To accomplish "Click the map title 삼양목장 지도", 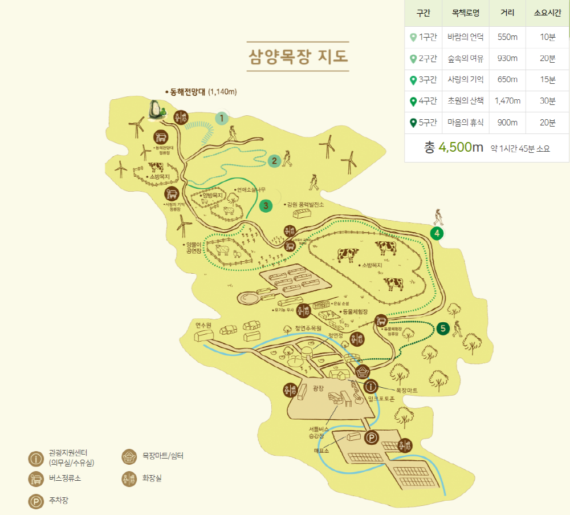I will coord(298,56).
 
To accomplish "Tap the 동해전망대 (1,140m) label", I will coord(200,91).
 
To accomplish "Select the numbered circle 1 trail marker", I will coord(221,118).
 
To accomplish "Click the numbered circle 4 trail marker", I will coord(437,233).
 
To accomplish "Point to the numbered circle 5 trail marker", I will coord(443,329).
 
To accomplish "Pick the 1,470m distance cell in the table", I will coord(508,101).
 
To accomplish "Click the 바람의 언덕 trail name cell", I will coord(466,37).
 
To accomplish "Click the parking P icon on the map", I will coord(371,438).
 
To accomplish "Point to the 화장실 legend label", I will coord(152,478).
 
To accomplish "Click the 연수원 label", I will coord(203,325).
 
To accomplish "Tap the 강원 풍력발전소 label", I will coord(306,204).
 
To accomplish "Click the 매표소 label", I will coord(322,451).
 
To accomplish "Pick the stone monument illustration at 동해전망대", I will coord(155,110).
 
